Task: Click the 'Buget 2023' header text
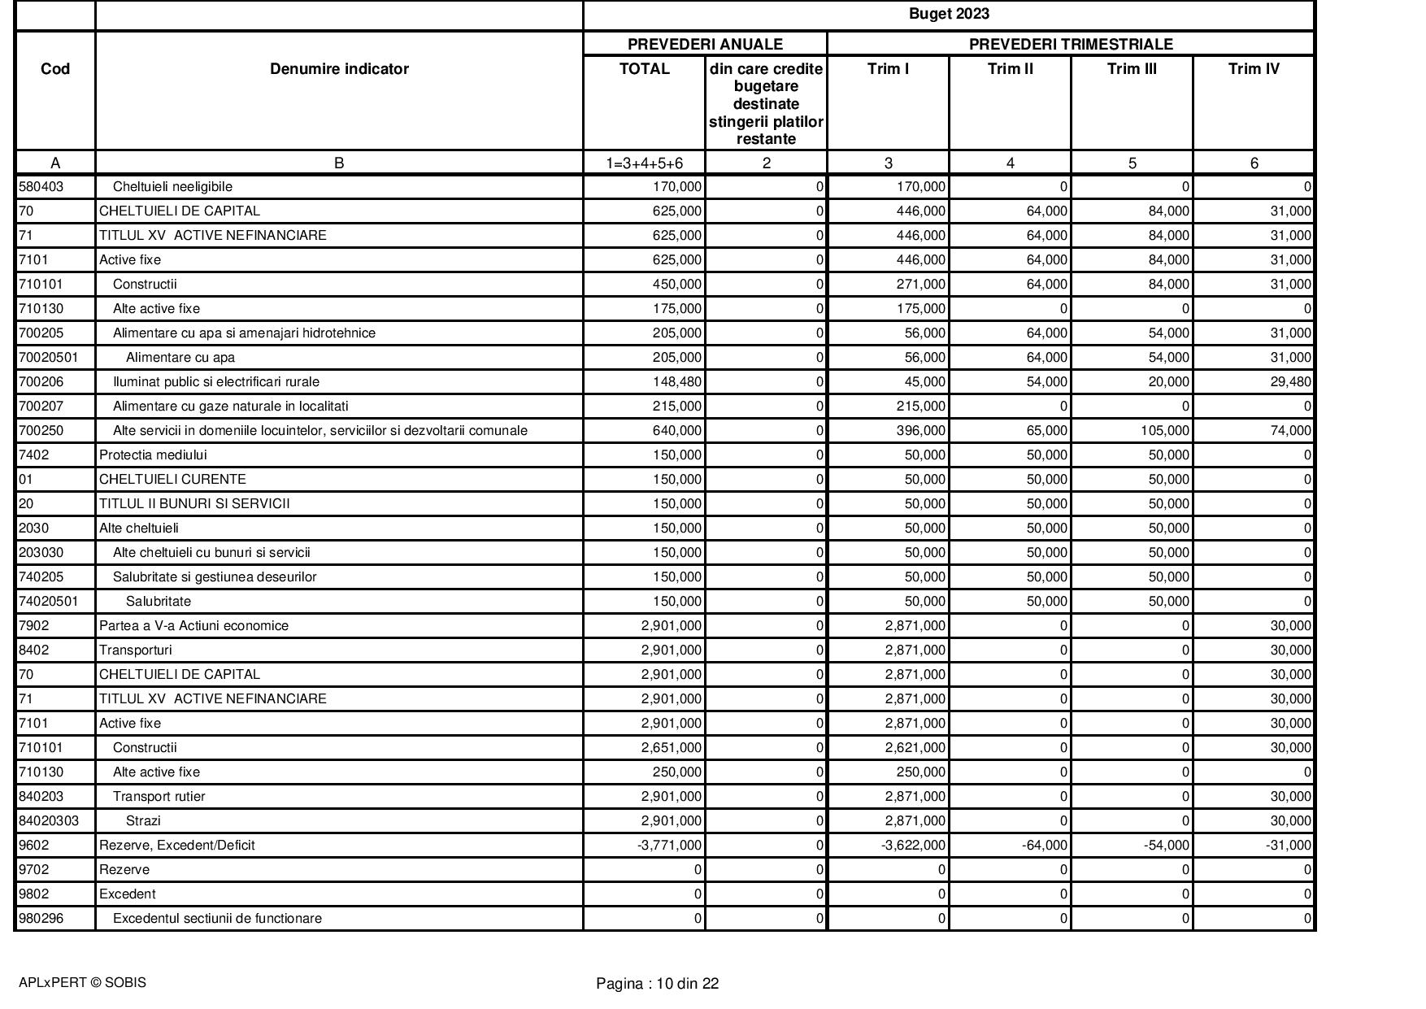(948, 14)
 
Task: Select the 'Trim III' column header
(1131, 69)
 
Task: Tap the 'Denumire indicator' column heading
(339, 69)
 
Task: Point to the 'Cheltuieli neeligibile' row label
(172, 187)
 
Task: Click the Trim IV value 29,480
(1286, 382)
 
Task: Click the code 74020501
(48, 602)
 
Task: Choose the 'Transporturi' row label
(135, 650)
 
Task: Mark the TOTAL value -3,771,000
(669, 846)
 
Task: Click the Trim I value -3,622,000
(913, 846)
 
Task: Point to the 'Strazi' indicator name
(143, 821)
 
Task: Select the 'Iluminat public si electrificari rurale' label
(215, 382)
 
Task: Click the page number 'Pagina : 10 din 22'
(657, 984)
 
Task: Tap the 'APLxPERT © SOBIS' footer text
(82, 983)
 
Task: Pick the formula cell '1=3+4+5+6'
(644, 163)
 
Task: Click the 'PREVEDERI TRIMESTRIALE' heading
(1070, 44)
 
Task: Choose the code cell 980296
(41, 919)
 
